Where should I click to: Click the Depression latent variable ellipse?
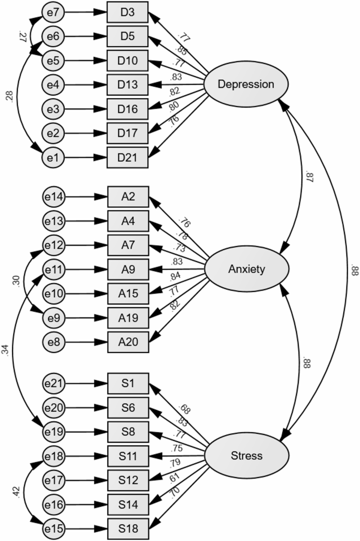pos(245,84)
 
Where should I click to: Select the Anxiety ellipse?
pos(245,269)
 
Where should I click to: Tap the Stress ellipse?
pos(245,455)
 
